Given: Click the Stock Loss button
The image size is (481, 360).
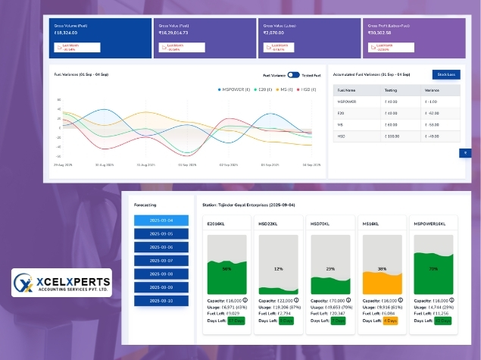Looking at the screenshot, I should pyautogui.click(x=446, y=74).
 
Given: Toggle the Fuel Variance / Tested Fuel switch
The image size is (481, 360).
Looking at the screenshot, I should pyautogui.click(x=293, y=75).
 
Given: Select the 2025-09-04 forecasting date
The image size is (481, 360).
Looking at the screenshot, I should pyautogui.click(x=161, y=221).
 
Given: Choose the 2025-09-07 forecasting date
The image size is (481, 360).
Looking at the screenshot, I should pyautogui.click(x=161, y=260).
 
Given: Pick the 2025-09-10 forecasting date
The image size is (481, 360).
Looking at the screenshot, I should pyautogui.click(x=161, y=301).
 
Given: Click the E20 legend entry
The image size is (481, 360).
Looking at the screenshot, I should pyautogui.click(x=261, y=89).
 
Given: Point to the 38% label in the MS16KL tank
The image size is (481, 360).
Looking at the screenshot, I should pyautogui.click(x=383, y=269).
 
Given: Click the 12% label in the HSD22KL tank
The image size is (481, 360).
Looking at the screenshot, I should pyautogui.click(x=278, y=269).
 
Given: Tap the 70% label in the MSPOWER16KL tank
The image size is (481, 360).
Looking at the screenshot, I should pyautogui.click(x=433, y=269).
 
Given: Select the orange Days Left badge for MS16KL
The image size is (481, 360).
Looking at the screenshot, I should pyautogui.click(x=391, y=321).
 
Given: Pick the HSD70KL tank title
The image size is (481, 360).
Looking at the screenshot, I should pyautogui.click(x=320, y=224).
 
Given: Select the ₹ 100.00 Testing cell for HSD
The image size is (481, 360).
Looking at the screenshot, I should pyautogui.click(x=392, y=136).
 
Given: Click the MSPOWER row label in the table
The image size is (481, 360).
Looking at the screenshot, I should pyautogui.click(x=347, y=101).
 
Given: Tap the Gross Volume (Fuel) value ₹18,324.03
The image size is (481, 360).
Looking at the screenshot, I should pyautogui.click(x=67, y=33).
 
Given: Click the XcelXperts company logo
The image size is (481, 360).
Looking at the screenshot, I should pyautogui.click(x=61, y=283).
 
